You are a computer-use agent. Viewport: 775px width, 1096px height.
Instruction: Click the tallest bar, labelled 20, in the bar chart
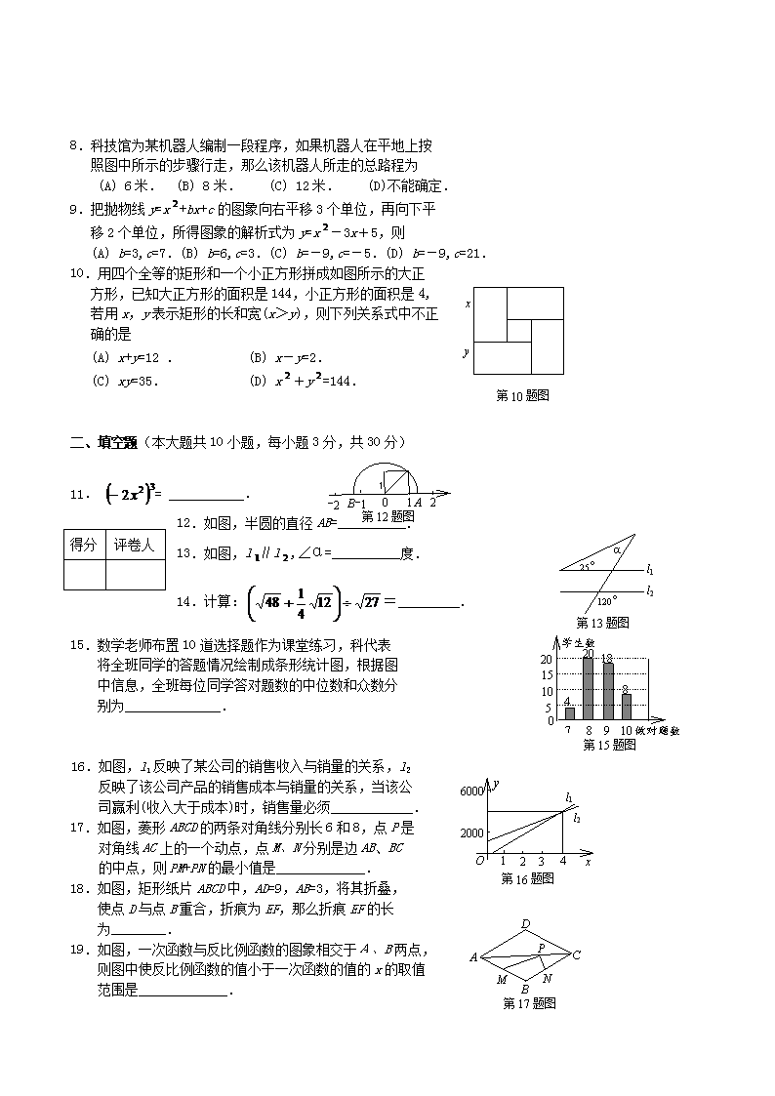589,689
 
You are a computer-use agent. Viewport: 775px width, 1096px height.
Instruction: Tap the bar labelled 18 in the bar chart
608,692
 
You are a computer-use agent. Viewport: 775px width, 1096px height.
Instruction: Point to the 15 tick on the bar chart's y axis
548,675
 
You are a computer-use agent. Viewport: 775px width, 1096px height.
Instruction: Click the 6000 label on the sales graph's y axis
470,792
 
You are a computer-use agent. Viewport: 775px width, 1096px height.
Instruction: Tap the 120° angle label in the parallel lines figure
606,602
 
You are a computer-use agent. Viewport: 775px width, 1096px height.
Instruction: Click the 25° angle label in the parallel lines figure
586,566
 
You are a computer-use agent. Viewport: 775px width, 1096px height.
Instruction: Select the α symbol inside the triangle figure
617,550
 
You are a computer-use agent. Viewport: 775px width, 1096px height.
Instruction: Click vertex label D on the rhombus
525,924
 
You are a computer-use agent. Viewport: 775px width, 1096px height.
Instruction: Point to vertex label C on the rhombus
577,955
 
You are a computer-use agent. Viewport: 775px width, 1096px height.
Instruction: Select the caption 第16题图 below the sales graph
527,878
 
